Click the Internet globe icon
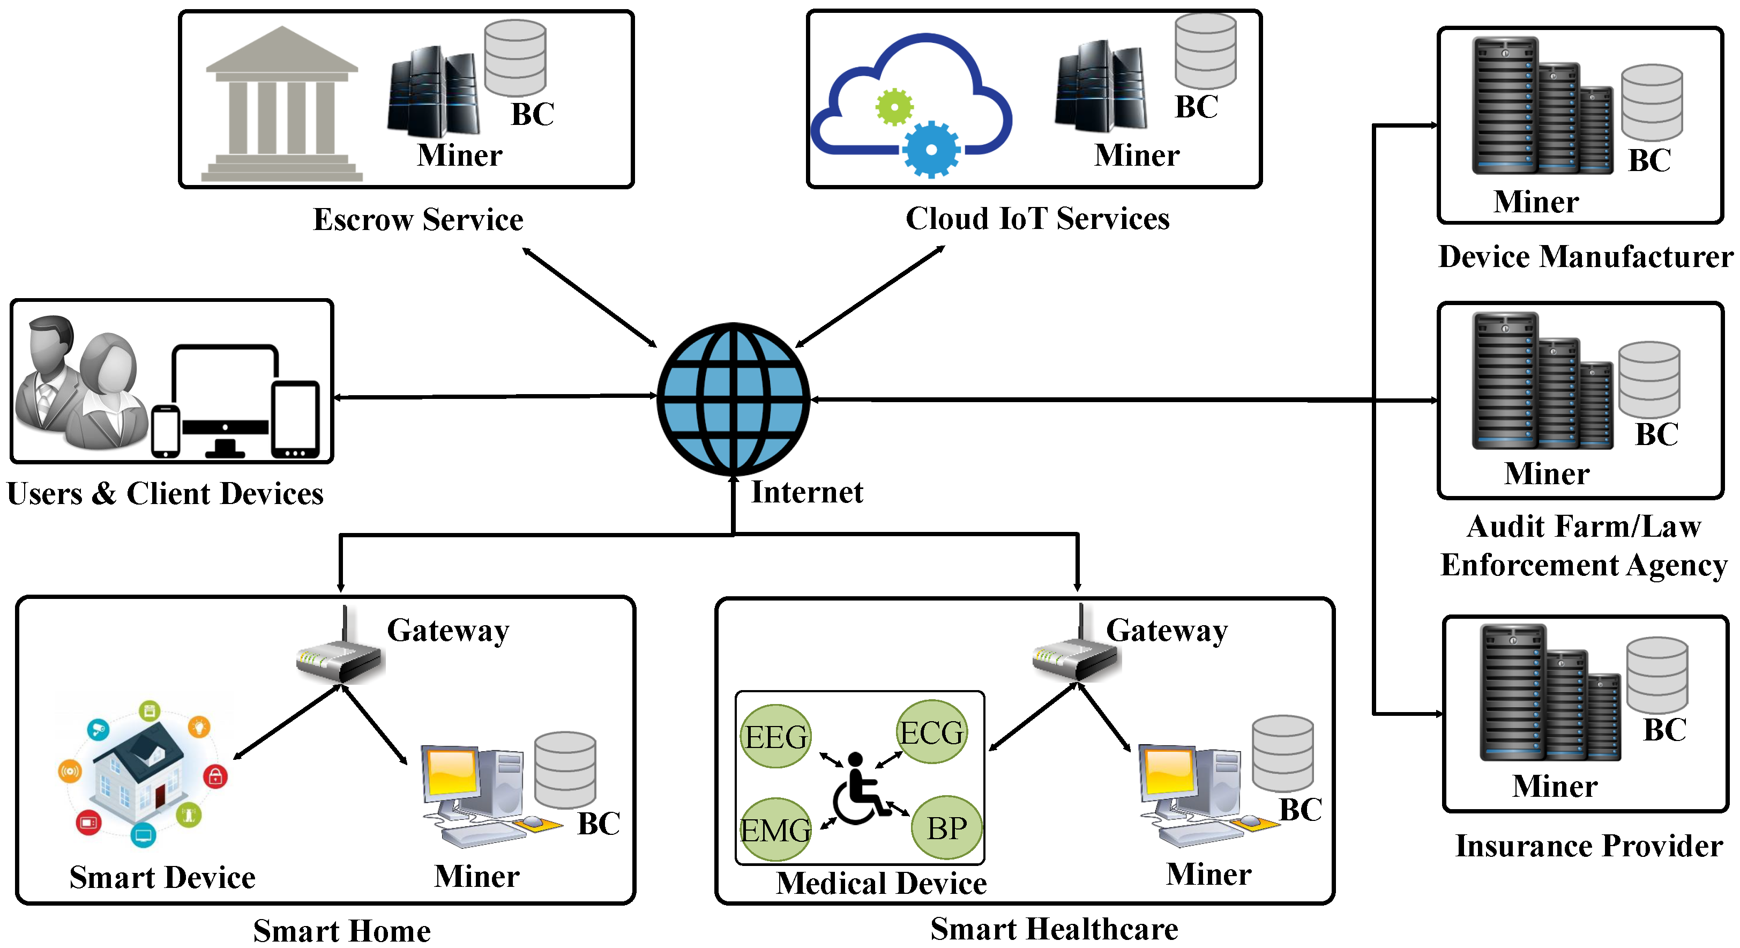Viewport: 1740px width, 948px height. [733, 398]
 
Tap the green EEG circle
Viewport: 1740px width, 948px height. [775, 736]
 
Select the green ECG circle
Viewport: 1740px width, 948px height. [931, 732]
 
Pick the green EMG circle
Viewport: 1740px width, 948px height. [775, 829]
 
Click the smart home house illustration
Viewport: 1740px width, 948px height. [143, 774]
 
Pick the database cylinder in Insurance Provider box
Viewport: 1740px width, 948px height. [1656, 676]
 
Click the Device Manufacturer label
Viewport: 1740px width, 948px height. [1585, 257]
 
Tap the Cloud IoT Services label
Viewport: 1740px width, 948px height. [1037, 219]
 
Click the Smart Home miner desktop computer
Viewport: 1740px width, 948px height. [473, 794]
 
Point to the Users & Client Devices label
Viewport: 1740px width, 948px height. [165, 494]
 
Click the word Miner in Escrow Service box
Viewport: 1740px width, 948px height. [459, 155]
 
